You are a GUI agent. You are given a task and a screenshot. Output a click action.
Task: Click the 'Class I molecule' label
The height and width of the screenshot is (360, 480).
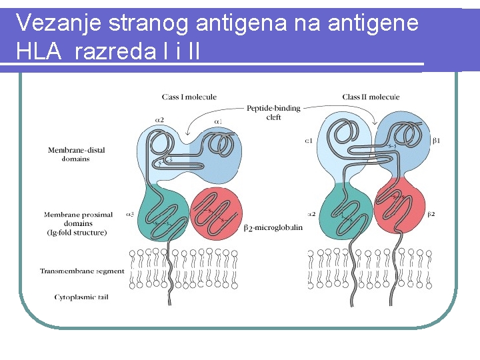point(189,97)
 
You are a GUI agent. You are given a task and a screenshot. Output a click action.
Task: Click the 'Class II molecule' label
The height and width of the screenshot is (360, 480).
point(371,97)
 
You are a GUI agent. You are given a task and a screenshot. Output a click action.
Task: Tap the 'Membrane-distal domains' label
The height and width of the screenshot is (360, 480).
point(76,154)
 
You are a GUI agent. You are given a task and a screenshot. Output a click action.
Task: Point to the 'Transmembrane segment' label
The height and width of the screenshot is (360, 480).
point(82,271)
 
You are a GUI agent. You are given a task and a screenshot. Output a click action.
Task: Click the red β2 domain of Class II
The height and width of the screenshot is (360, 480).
point(399,210)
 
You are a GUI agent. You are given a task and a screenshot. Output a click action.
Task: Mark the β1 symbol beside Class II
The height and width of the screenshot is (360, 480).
point(437,141)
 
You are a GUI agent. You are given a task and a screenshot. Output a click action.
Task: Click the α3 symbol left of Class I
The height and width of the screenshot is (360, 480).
point(129,215)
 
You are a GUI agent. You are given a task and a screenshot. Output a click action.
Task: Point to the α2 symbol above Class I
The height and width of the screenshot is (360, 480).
point(159,120)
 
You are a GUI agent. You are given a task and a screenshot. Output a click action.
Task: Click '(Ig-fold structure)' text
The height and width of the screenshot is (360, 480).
point(75,232)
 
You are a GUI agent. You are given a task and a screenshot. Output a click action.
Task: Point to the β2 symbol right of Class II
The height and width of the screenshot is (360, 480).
point(431,215)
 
